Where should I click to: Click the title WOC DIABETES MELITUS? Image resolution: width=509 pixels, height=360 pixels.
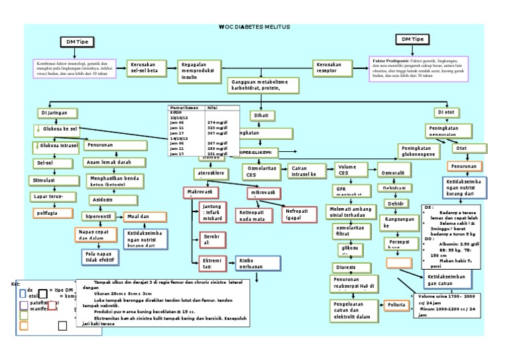click(x=254, y=27)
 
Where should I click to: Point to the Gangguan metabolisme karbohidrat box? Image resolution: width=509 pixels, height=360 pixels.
click(x=262, y=85)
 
